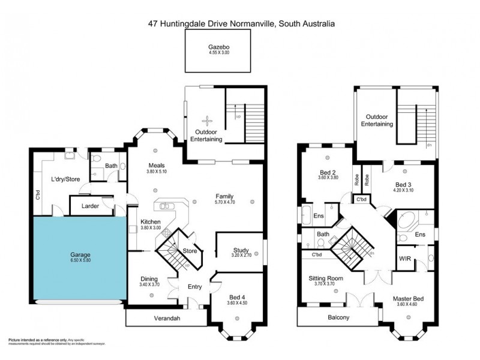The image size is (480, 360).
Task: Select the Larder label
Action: [85, 206]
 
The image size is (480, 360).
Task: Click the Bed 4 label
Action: [238, 297]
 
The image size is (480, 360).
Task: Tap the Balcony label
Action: [338, 317]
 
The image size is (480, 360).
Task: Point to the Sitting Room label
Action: [325, 278]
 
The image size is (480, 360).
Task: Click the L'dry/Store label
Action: [65, 178]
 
